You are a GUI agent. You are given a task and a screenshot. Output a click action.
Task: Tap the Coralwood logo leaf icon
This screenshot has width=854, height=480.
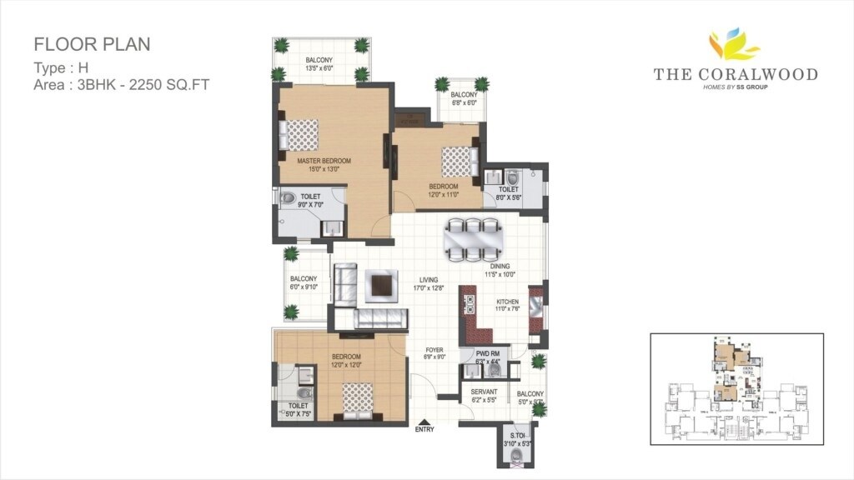[x=735, y=46]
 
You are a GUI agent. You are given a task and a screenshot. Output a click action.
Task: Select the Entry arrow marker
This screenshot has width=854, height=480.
[x=424, y=422]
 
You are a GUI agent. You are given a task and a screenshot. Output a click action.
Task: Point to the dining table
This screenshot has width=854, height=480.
[x=472, y=239]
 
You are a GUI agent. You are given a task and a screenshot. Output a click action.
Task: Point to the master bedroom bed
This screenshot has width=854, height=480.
[x=301, y=133]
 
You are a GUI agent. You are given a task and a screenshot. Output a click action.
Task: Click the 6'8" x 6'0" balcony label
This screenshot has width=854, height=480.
[x=465, y=99]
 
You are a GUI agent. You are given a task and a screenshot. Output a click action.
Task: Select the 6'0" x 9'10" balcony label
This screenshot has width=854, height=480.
[x=304, y=283]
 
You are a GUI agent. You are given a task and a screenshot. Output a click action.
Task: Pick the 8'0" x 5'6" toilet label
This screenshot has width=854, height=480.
[x=509, y=194]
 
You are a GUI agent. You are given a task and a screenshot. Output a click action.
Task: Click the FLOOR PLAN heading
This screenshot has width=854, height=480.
[x=92, y=44]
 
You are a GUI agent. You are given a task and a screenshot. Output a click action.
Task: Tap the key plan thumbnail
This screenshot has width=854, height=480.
[x=736, y=388]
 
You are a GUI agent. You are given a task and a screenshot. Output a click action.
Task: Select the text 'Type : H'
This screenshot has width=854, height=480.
[x=64, y=67]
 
